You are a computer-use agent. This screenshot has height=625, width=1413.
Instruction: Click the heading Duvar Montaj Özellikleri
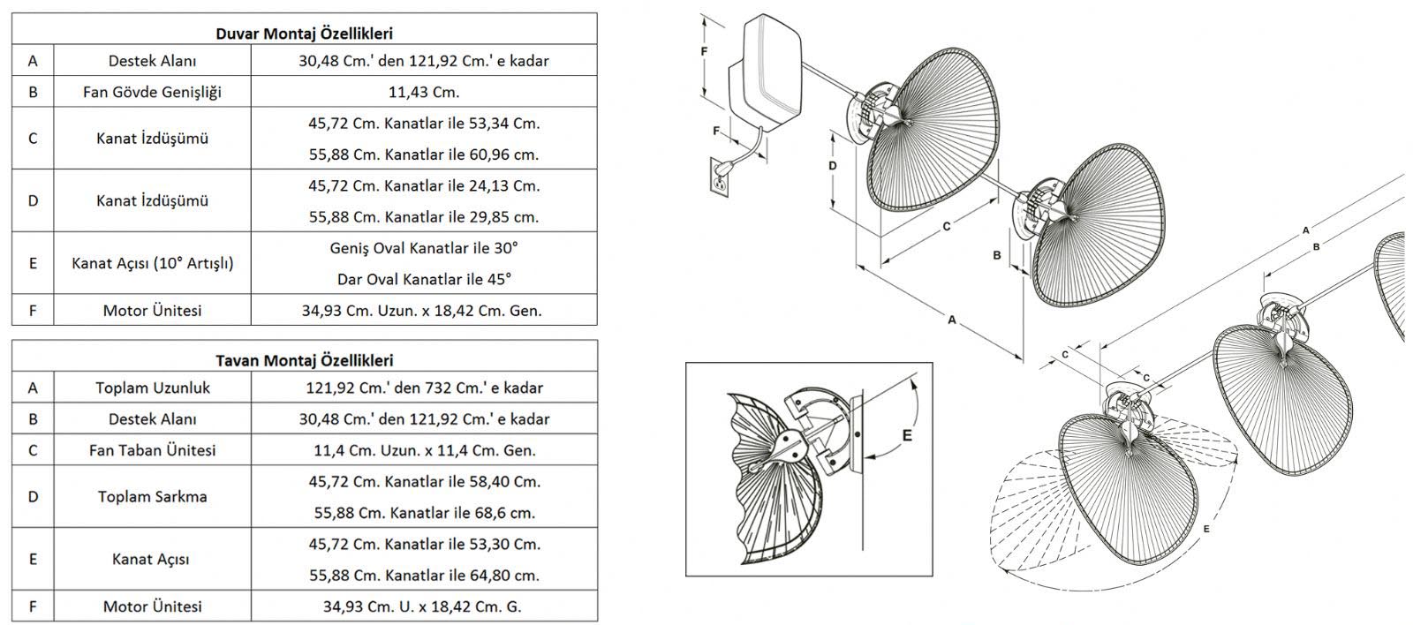(304, 34)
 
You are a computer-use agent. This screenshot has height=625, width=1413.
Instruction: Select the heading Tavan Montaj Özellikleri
(304, 360)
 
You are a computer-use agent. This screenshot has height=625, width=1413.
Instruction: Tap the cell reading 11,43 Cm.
(424, 92)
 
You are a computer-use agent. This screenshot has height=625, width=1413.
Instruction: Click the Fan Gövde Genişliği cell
(152, 92)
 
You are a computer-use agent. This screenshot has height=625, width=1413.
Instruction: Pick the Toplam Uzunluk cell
(152, 388)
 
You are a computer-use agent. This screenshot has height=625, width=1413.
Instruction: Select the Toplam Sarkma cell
(152, 496)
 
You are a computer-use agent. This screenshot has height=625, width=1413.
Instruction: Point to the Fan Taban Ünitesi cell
(152, 450)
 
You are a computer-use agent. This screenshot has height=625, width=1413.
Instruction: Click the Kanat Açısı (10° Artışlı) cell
(152, 263)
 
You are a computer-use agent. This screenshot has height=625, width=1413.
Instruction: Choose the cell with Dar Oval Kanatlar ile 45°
(424, 279)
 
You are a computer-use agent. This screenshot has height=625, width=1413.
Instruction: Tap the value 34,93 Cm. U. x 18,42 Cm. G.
(424, 606)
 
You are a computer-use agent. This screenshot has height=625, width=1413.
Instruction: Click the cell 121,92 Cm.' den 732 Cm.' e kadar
(424, 388)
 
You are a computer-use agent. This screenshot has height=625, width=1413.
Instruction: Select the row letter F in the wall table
(33, 310)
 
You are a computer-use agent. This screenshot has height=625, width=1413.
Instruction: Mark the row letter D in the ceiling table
(33, 496)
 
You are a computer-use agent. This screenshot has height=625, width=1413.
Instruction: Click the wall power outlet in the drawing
(721, 177)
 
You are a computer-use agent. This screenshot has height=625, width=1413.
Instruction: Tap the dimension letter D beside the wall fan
(832, 166)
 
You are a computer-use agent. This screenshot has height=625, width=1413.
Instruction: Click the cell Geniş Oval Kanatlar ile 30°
(424, 248)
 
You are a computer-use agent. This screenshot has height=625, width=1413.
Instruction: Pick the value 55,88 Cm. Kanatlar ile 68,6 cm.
(424, 512)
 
